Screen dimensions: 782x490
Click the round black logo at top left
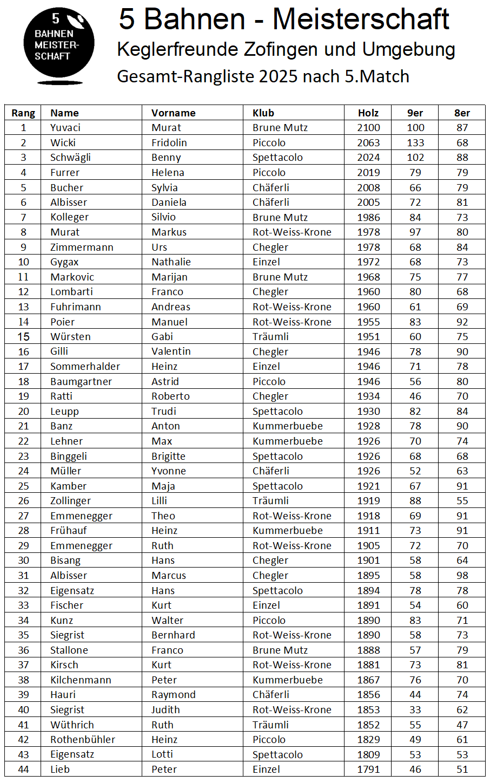(x=58, y=45)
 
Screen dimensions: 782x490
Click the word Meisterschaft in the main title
(x=361, y=19)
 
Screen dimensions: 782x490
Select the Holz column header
(x=368, y=113)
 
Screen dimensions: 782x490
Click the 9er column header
(x=415, y=113)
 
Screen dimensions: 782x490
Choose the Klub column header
(x=263, y=113)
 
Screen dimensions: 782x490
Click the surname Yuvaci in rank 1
(x=65, y=128)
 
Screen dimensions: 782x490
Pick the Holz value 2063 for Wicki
(x=368, y=143)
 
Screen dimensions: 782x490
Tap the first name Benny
(x=166, y=158)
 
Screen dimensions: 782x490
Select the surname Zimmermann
(x=82, y=247)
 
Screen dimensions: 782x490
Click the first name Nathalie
(x=171, y=262)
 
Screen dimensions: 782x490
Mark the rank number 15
(x=23, y=337)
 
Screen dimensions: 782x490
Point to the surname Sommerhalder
(x=85, y=367)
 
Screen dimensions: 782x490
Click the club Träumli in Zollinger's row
(x=270, y=501)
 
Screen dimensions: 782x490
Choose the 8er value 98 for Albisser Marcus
(x=462, y=576)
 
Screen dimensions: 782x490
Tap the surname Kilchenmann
(x=81, y=680)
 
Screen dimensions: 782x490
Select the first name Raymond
(x=173, y=695)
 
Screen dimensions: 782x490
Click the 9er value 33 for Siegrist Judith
(x=415, y=710)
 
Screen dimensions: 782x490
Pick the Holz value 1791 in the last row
(x=368, y=770)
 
